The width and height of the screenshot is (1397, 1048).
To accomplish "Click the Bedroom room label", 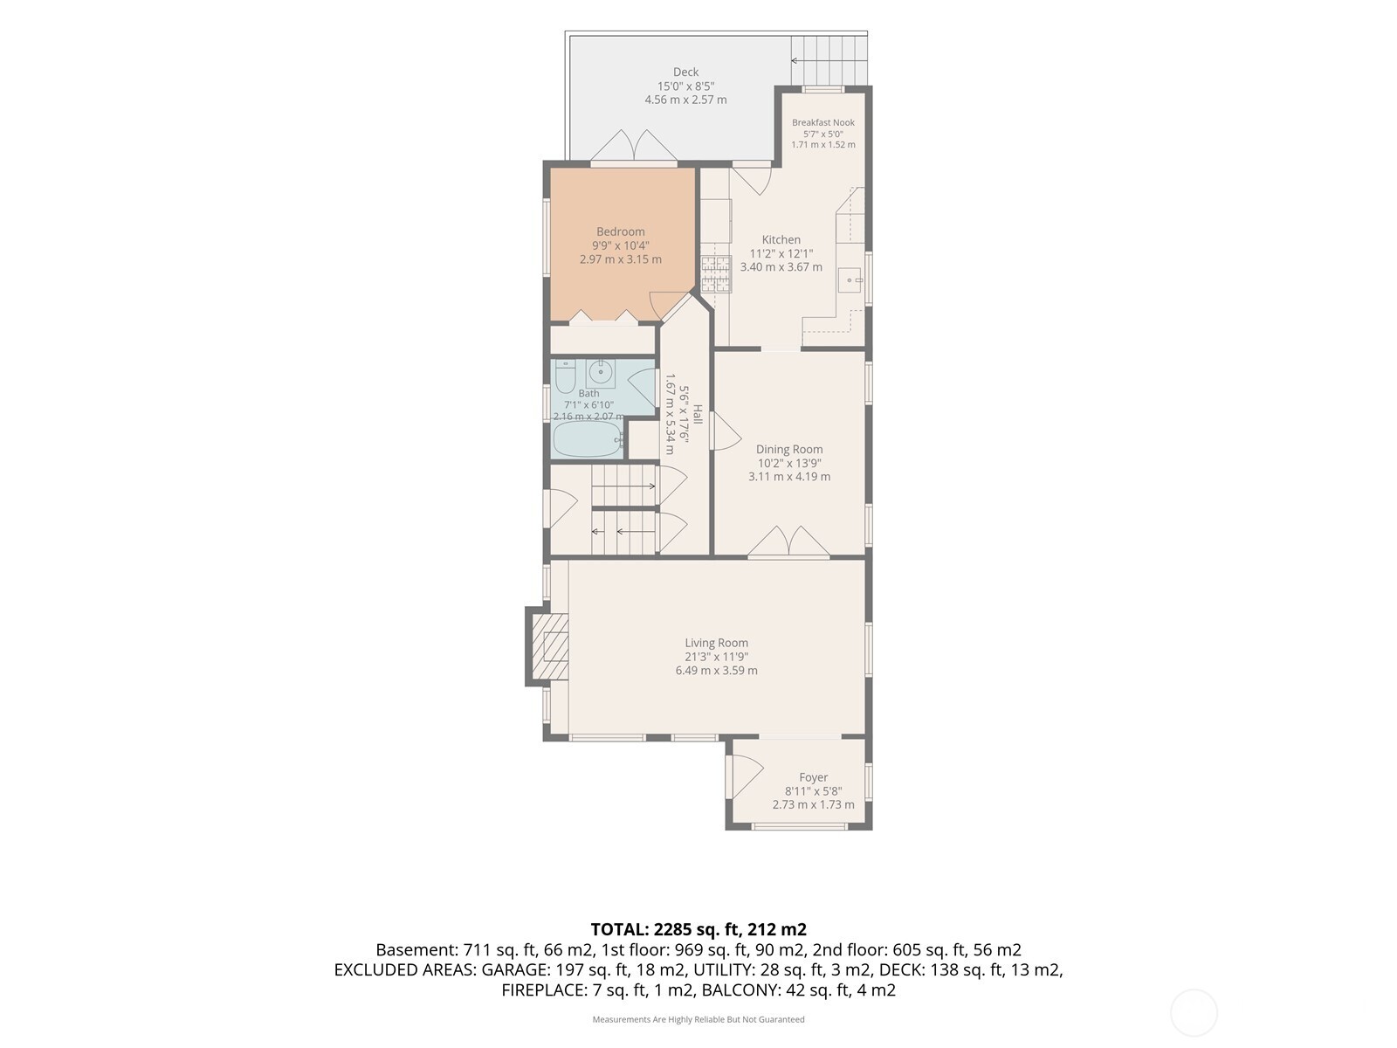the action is [620, 231].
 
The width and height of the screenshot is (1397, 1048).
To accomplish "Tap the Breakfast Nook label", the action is [823, 122].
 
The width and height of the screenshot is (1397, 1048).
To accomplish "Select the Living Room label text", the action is [716, 643].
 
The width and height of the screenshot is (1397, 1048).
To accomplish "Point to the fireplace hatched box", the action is [549, 646].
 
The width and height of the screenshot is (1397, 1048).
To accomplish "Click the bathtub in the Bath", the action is [588, 439].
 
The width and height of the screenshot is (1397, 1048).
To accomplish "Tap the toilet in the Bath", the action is [565, 377].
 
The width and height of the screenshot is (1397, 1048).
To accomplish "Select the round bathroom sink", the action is [600, 371].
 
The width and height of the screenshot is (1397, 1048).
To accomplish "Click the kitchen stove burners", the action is [715, 273].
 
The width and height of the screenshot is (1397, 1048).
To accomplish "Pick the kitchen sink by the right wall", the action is [850, 280].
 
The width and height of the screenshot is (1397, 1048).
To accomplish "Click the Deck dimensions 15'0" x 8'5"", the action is [685, 86].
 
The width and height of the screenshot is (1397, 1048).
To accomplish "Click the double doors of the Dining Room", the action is [788, 541].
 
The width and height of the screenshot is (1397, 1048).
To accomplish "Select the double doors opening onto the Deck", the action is [633, 147].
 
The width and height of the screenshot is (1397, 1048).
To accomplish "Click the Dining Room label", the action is [789, 449].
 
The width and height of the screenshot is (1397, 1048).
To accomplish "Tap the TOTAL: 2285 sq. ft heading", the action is [698, 929].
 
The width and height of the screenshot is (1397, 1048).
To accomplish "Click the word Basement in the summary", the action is [416, 950].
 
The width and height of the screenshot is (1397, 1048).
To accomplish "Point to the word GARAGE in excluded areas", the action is [515, 969].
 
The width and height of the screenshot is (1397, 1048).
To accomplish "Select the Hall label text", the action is [698, 414].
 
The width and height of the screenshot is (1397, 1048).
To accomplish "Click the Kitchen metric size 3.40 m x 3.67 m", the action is [781, 267].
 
